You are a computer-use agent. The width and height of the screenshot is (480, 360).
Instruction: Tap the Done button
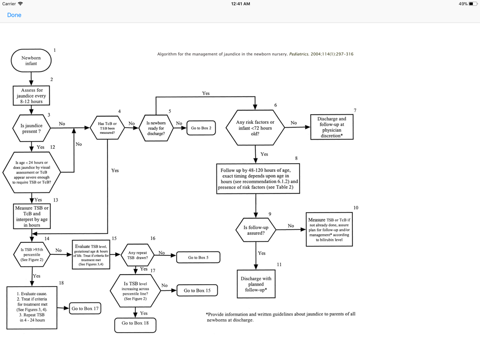[x=14, y=15]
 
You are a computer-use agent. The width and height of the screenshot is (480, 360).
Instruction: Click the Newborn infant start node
[x=31, y=60]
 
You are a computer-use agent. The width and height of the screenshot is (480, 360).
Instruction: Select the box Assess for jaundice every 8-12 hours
[x=32, y=96]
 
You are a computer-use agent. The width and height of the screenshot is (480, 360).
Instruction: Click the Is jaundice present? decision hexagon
[x=31, y=128]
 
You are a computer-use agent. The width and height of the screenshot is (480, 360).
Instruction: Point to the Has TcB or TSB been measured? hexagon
[x=108, y=128]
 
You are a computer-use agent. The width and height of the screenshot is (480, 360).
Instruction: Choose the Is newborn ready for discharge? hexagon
[x=156, y=128]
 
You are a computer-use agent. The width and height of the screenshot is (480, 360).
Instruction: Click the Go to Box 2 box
[x=201, y=128]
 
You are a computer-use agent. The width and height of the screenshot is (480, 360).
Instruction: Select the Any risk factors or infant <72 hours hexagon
[x=255, y=128]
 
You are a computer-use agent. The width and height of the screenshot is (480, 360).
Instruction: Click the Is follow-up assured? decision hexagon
[x=256, y=230]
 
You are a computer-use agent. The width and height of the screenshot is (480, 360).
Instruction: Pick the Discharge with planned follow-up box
[x=256, y=284]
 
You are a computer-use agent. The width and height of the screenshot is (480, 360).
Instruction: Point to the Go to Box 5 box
[x=198, y=258]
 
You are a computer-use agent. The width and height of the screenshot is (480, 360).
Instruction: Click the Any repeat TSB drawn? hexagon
[x=138, y=254]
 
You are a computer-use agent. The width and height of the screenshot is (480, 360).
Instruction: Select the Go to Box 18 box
[x=135, y=324]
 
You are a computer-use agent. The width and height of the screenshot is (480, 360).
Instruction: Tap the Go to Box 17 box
[x=84, y=309]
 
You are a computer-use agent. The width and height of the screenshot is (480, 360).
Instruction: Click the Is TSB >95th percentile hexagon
[x=32, y=254]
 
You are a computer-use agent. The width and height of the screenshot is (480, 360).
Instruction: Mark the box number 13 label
[x=56, y=200]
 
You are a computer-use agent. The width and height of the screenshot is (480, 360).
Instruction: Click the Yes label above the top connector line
[x=206, y=93]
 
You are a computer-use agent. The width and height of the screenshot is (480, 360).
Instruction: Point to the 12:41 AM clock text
[x=240, y=4]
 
